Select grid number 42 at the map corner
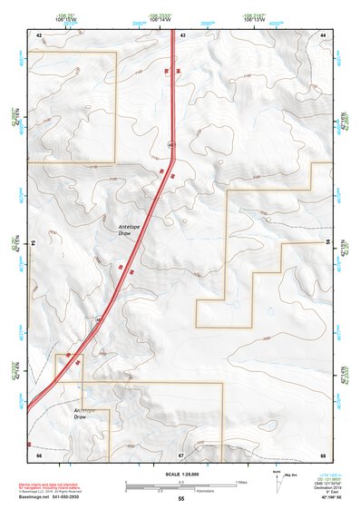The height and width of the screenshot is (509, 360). (39, 34)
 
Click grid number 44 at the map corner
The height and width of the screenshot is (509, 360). (323, 34)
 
